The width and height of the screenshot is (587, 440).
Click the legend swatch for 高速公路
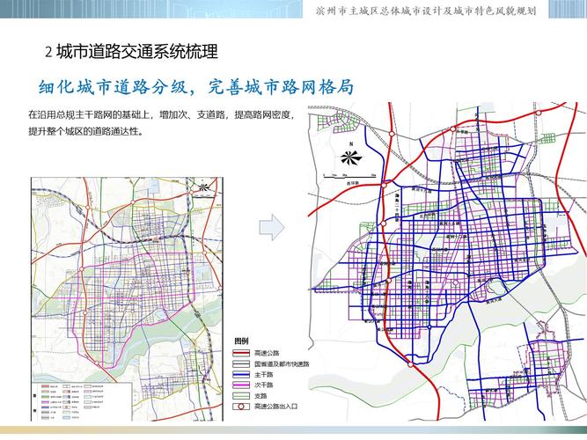tap(242, 353)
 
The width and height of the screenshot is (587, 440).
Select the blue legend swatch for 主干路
tap(242, 374)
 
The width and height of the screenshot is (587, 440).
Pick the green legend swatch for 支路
tap(242, 396)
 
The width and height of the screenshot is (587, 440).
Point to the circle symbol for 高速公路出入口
tap(242, 407)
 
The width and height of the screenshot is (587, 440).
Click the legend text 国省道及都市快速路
tap(281, 363)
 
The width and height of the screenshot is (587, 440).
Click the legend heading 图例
tap(241, 341)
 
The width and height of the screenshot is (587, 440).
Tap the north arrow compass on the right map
tap(349, 158)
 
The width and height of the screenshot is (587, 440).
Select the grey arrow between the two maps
tap(271, 227)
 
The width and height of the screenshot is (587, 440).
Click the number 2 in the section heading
tap(48, 53)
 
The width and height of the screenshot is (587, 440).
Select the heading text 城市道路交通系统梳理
tap(136, 53)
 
